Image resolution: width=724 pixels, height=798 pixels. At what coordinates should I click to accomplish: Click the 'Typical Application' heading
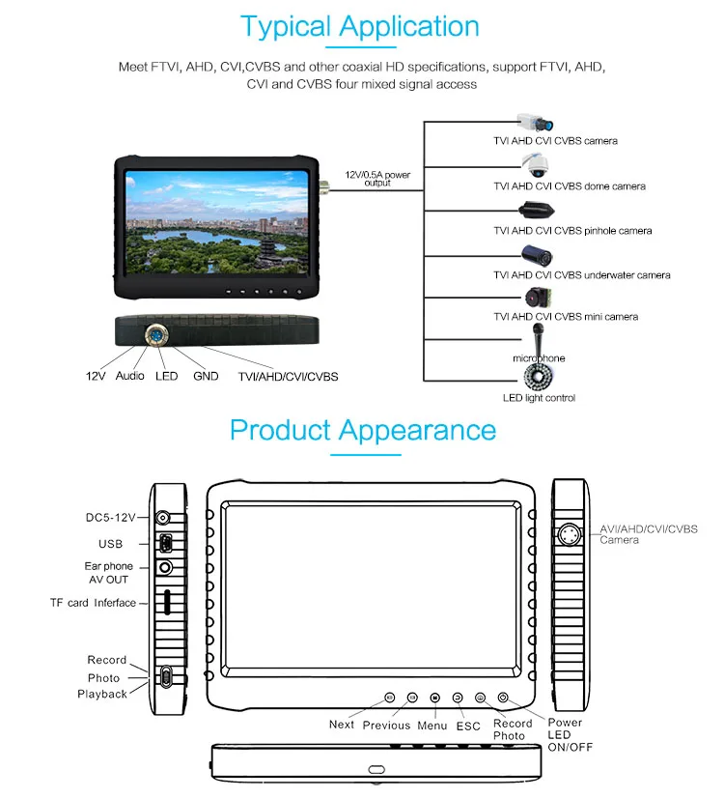coord(359,26)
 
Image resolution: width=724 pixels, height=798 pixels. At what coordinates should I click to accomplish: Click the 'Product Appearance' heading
coord(363,429)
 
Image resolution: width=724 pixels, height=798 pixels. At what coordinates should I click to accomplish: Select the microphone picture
coord(536,337)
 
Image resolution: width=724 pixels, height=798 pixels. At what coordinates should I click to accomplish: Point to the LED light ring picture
coord(538,376)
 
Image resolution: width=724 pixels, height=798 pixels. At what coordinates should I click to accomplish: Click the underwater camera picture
coord(537,256)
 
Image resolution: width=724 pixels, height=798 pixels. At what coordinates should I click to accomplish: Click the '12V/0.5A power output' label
coord(377,179)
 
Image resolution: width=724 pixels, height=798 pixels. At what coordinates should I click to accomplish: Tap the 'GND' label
coord(206,376)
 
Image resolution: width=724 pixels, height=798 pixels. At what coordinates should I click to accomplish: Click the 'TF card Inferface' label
coord(93,603)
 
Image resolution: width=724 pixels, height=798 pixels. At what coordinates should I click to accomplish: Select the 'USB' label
coord(110,544)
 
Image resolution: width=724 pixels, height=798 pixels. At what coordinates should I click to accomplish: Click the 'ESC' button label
coord(468,726)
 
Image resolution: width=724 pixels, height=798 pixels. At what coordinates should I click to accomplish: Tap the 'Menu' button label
coord(432,726)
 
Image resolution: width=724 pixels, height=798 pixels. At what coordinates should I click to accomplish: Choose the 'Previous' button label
coord(386,726)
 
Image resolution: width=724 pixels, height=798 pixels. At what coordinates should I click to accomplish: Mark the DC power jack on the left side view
coord(164,518)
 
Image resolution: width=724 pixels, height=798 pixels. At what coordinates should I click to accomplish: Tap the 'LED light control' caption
coord(539,398)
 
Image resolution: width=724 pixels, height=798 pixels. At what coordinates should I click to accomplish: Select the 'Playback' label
coord(102,694)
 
